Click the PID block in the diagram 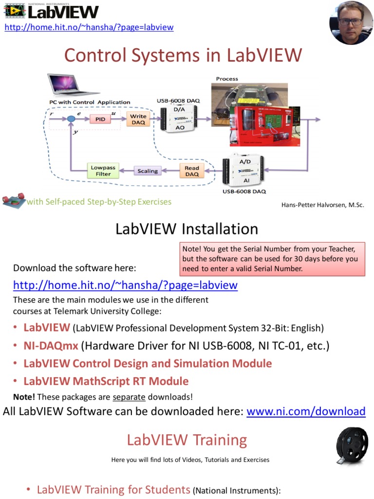100,119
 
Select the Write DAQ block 138,119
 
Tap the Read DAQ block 192,171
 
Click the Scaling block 148,171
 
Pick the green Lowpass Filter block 103,171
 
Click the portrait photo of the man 351,22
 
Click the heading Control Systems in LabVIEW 183,55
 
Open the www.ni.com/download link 306,411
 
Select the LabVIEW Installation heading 187,229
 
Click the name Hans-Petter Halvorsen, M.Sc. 322,205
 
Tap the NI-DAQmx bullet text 51,346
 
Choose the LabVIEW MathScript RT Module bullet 106,381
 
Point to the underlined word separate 129,397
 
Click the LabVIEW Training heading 187,440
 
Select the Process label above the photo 227,78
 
